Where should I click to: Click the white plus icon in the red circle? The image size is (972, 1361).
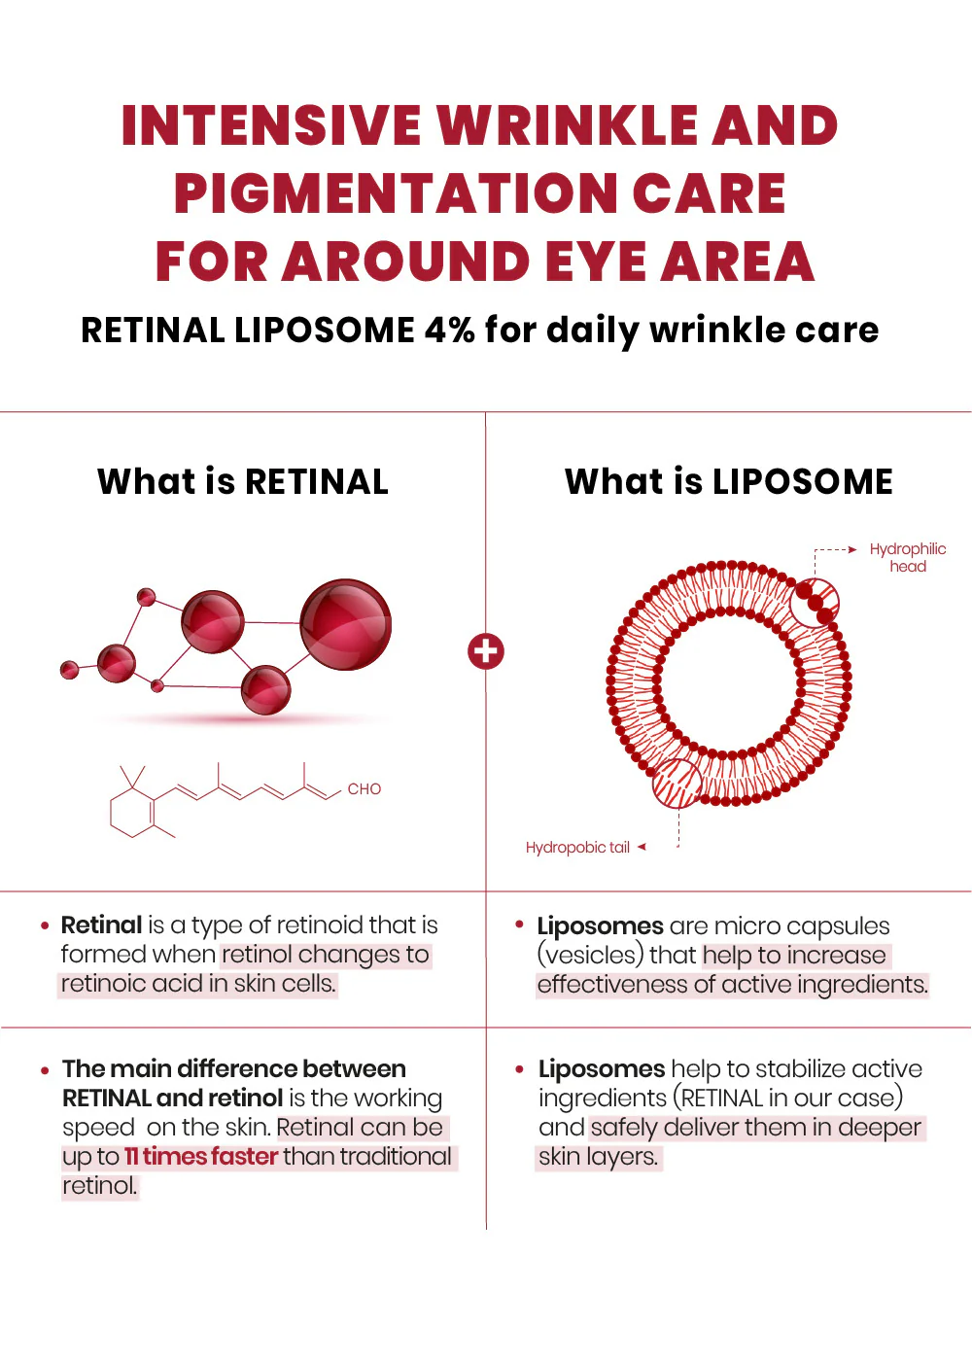click(x=486, y=651)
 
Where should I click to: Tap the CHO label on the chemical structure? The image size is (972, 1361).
click(x=364, y=789)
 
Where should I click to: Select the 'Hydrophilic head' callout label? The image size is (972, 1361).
click(x=908, y=557)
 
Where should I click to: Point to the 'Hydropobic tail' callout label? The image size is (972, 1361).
click(x=577, y=847)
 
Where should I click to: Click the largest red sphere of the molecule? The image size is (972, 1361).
click(x=345, y=624)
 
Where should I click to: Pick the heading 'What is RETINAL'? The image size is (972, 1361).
click(x=242, y=482)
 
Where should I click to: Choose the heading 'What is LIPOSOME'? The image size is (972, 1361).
click(x=728, y=482)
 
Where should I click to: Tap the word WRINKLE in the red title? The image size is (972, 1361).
click(x=569, y=125)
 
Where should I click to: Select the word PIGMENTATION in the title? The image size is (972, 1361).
click(x=396, y=192)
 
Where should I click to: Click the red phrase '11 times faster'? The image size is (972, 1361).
click(x=201, y=1156)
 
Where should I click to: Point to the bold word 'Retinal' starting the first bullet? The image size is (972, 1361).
click(x=101, y=925)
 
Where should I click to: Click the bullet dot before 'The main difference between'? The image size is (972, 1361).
click(x=45, y=1070)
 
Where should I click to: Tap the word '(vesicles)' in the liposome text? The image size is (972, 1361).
click(x=591, y=955)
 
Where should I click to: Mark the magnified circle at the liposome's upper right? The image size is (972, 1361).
click(x=814, y=602)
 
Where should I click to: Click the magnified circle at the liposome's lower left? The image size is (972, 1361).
click(x=677, y=784)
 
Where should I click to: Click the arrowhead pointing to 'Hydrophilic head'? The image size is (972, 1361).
click(x=852, y=550)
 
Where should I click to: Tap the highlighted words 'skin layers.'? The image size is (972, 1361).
click(x=599, y=1156)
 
